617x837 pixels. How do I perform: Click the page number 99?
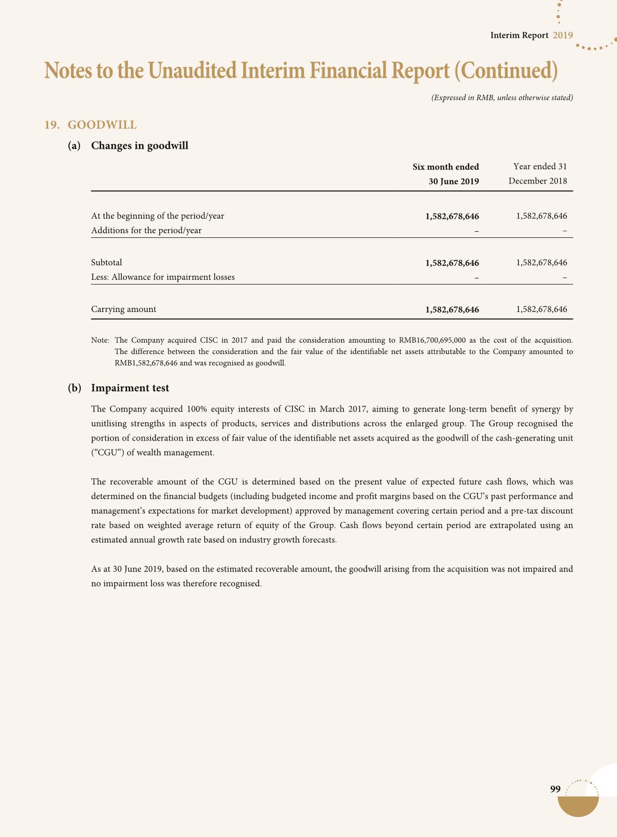pyautogui.click(x=555, y=789)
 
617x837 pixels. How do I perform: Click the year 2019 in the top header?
pyautogui.click(x=563, y=35)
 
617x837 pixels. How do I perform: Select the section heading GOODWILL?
pyautogui.click(x=102, y=125)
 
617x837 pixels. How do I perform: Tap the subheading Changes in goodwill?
pyautogui.click(x=139, y=146)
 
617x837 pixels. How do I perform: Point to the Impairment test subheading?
pyautogui.click(x=130, y=388)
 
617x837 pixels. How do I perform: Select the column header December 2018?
pyautogui.click(x=538, y=181)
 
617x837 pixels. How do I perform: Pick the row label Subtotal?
pyautogui.click(x=106, y=263)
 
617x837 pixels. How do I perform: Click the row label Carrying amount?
pyautogui.click(x=123, y=309)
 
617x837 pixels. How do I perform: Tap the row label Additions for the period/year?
pyautogui.click(x=146, y=231)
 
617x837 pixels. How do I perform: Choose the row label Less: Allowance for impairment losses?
pyautogui.click(x=163, y=277)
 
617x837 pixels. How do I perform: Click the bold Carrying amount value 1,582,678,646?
pyautogui.click(x=452, y=310)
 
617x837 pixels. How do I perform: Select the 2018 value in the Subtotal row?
pyautogui.click(x=541, y=263)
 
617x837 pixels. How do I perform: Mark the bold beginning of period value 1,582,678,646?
pyautogui.click(x=452, y=216)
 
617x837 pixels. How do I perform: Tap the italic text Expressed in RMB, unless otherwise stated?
pyautogui.click(x=502, y=97)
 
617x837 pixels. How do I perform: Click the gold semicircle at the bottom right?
pyautogui.click(x=578, y=806)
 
